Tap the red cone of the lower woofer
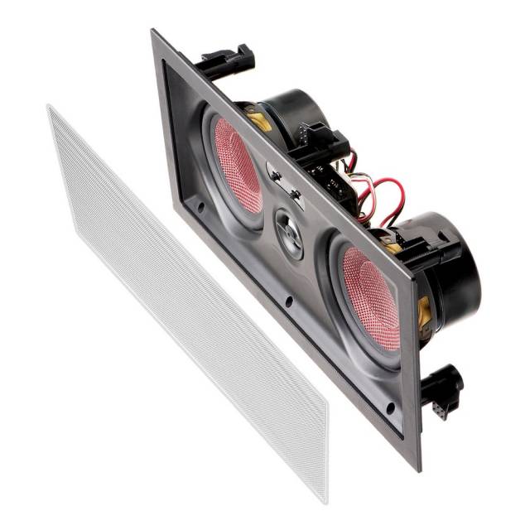click(368, 295)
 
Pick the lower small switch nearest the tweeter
click(293, 194)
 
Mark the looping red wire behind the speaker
click(389, 199)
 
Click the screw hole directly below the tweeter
click(289, 302)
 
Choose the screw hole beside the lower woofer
click(388, 407)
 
